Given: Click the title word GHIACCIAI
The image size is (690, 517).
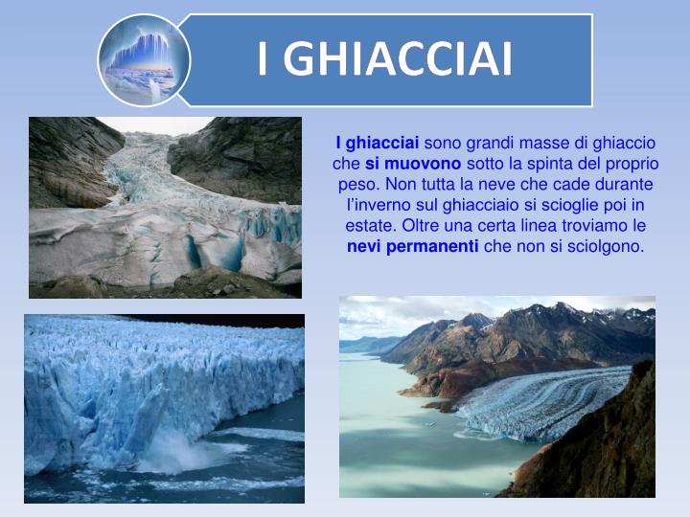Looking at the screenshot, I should click(398, 59).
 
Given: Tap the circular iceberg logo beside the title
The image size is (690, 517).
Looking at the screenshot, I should click(144, 59).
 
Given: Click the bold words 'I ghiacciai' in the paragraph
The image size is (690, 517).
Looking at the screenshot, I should click(377, 144).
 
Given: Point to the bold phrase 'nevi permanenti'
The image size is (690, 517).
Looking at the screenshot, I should click(412, 246).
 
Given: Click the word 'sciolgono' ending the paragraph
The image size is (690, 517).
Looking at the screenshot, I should click(609, 246).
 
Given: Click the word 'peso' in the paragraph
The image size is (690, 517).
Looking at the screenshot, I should click(355, 185).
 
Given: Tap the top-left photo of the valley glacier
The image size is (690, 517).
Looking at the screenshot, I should click(165, 207).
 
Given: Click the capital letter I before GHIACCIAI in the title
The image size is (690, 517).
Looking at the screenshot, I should click(264, 59).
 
